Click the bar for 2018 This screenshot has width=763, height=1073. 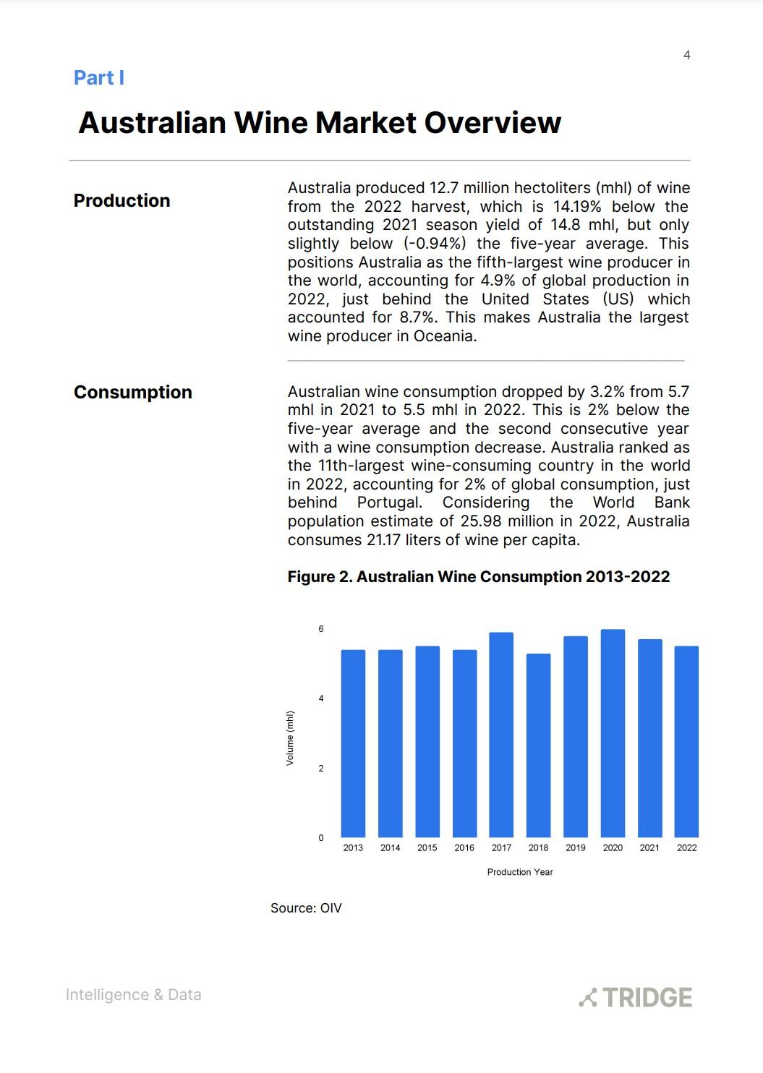[x=538, y=745]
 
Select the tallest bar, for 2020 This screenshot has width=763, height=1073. [x=613, y=733]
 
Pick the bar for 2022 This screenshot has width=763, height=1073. [x=686, y=741]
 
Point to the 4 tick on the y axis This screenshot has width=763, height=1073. [x=321, y=698]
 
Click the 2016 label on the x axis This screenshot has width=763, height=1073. [x=464, y=847]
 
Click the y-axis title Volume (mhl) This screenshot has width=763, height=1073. [x=290, y=738]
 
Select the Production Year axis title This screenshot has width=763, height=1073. [x=519, y=872]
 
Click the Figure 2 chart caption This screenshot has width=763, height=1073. [x=478, y=577]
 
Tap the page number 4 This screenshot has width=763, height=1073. [x=686, y=55]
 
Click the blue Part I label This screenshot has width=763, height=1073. [x=99, y=77]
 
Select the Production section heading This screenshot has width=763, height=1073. [x=122, y=200]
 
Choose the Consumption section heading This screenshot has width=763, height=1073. [x=133, y=392]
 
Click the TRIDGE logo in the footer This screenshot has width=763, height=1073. [x=636, y=997]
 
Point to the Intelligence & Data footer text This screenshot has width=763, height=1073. [x=133, y=995]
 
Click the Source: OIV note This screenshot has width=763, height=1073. [x=306, y=908]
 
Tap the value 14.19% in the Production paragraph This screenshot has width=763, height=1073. [x=576, y=207]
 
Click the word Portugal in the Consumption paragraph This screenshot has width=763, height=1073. [x=389, y=503]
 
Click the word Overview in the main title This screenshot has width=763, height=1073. [x=493, y=123]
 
